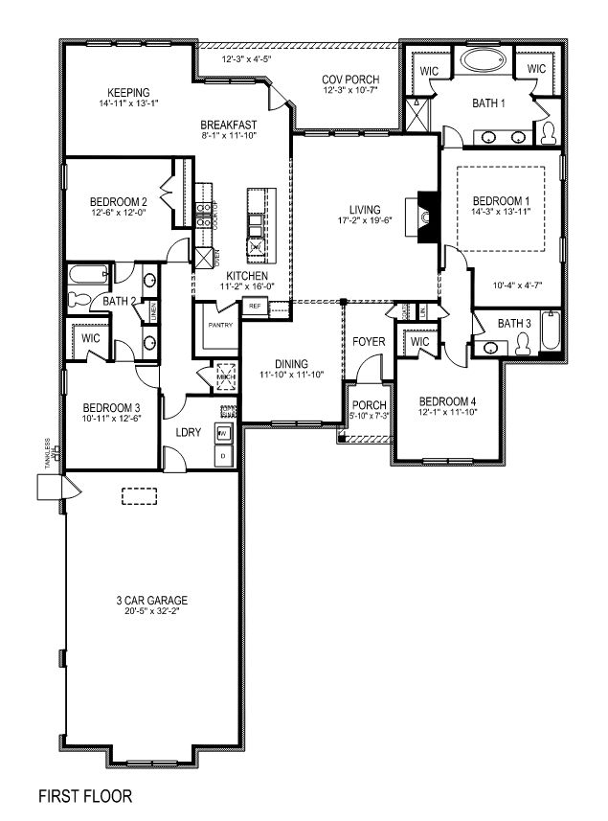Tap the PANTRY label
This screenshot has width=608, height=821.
tap(220, 326)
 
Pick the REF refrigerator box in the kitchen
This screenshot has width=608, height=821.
tap(255, 307)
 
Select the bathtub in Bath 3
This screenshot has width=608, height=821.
tap(549, 331)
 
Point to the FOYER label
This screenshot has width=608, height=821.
tap(368, 340)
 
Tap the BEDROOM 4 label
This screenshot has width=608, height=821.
tap(446, 400)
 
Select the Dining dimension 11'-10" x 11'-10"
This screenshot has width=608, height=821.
tap(291, 375)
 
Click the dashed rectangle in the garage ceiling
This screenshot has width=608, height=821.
tap(140, 495)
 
